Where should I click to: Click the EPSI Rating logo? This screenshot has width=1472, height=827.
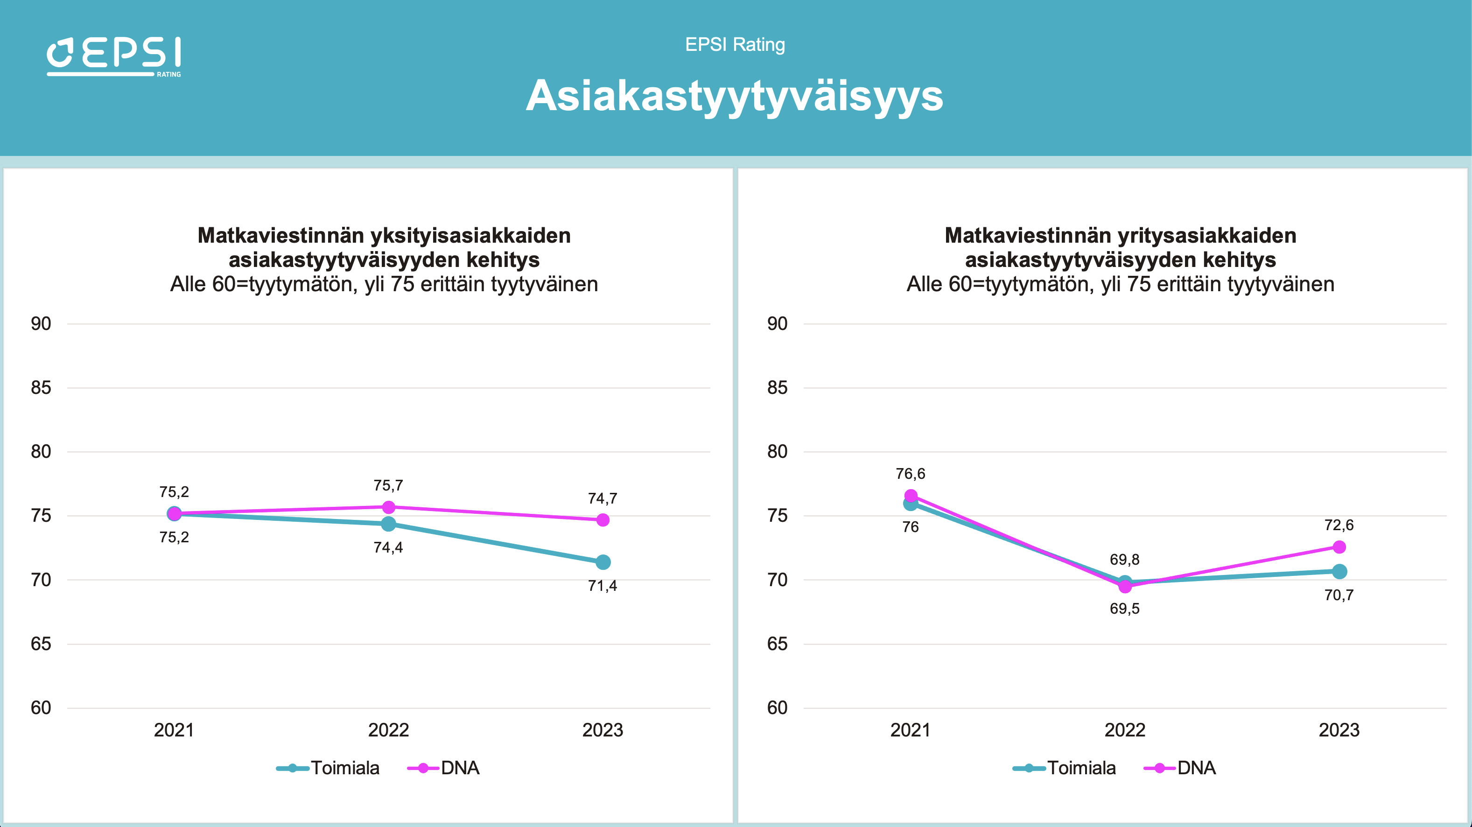[114, 56]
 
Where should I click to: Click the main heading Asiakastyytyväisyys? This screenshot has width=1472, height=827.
[734, 96]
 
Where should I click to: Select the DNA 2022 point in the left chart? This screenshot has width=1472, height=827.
[389, 507]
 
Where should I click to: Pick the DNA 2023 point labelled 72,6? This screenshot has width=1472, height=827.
[1339, 547]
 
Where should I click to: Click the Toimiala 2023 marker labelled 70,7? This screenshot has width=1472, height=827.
[1339, 572]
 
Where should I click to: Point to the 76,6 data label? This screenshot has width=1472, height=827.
[910, 474]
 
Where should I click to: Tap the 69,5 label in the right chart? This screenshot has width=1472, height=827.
[1125, 609]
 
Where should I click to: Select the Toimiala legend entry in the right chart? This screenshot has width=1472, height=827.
[1065, 768]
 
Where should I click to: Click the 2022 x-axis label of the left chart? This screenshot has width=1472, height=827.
[389, 730]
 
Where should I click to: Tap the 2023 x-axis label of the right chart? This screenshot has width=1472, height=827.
[1339, 730]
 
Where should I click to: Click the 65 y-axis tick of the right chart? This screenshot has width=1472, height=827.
[777, 644]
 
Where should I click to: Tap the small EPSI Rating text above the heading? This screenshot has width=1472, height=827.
[735, 45]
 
